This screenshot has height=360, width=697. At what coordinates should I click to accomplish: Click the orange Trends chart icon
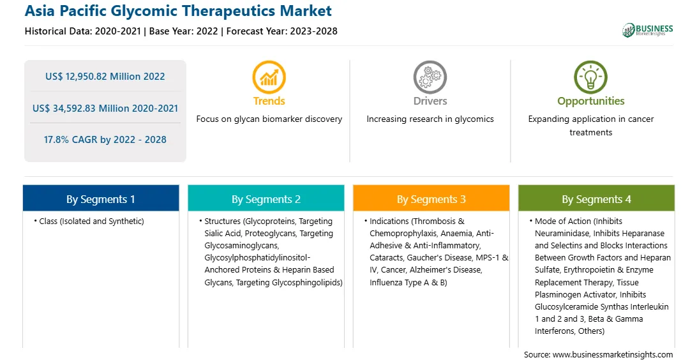click(x=269, y=77)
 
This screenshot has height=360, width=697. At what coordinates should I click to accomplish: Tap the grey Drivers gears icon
click(x=430, y=77)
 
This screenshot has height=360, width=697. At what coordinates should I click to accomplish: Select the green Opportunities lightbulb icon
click(x=591, y=77)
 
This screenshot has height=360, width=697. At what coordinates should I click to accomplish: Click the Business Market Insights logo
click(x=648, y=30)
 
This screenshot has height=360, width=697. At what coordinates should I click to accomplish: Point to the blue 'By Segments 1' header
click(x=101, y=199)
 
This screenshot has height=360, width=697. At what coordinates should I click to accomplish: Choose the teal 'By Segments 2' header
click(x=266, y=199)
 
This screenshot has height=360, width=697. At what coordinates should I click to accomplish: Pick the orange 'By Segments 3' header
click(x=431, y=199)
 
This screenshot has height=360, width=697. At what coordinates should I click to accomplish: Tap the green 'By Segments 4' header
click(x=597, y=199)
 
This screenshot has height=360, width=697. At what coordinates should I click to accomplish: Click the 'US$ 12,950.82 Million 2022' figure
click(x=105, y=77)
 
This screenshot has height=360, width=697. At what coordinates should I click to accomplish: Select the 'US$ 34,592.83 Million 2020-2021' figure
click(x=105, y=108)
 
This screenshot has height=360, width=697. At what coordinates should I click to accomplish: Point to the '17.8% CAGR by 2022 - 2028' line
click(x=105, y=140)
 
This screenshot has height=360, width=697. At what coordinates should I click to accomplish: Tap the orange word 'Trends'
click(x=269, y=101)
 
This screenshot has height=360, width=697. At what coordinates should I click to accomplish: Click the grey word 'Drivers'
click(x=430, y=101)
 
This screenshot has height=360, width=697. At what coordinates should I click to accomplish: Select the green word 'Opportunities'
click(x=591, y=101)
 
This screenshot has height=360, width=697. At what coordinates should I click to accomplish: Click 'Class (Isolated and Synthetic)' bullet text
click(x=91, y=221)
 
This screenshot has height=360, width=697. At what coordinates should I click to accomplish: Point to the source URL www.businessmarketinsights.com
click(x=613, y=355)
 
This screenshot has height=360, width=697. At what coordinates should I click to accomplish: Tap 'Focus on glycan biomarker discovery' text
click(x=269, y=119)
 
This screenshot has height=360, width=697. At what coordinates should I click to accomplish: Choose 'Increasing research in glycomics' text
click(x=430, y=119)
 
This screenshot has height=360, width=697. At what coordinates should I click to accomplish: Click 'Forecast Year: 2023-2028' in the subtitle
click(x=282, y=31)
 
